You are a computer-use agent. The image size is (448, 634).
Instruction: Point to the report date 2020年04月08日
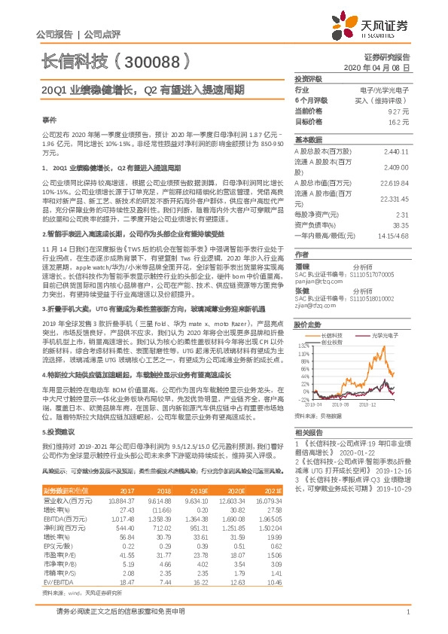coord(381,67)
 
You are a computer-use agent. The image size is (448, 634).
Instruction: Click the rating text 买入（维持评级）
coord(383,99)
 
